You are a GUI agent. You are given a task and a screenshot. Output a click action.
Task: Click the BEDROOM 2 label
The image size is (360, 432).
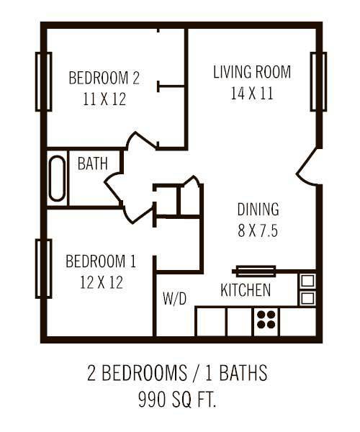[x=104, y=78]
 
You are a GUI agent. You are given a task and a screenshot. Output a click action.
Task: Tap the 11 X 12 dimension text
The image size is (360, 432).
[x=104, y=99]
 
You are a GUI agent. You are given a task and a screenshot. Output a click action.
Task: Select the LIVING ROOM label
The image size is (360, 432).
[x=252, y=72]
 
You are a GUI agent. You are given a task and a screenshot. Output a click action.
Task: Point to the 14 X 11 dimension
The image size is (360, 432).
[x=252, y=94]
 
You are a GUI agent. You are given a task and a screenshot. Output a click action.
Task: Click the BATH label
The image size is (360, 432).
[x=92, y=163]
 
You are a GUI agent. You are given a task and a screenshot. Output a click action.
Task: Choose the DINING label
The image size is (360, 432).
[x=258, y=210]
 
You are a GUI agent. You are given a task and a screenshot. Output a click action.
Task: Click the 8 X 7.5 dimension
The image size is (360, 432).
[x=258, y=232]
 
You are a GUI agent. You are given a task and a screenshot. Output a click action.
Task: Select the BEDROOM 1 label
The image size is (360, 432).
[x=101, y=261]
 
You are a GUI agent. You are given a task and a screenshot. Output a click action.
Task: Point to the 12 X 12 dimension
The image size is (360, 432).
[x=101, y=282]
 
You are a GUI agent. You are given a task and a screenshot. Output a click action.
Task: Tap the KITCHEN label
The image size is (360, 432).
[x=246, y=291]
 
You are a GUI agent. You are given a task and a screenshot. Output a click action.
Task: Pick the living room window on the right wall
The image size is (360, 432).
[x=318, y=81]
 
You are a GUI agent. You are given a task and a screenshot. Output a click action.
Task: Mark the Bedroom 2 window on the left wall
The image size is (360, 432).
[x=43, y=81]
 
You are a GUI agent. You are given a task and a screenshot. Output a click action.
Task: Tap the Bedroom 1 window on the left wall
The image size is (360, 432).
[x=43, y=268]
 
